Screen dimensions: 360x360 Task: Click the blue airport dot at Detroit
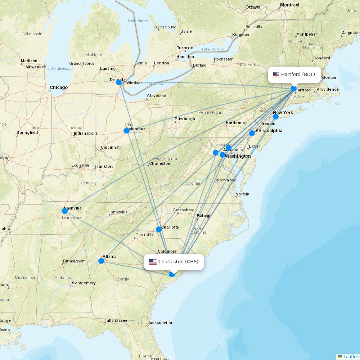(119, 82)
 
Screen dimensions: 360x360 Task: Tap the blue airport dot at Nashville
(65, 211)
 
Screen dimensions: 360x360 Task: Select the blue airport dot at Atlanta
(102, 261)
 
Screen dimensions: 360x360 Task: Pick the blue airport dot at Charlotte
(159, 229)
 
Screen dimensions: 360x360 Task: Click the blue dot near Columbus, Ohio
(127, 131)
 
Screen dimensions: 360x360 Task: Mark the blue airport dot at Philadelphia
(252, 133)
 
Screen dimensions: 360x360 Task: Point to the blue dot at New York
(276, 117)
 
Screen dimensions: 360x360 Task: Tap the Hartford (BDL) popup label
(294, 75)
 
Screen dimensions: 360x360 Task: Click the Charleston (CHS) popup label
(174, 262)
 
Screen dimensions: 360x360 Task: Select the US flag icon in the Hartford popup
(276, 75)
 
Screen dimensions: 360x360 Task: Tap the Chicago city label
(59, 87)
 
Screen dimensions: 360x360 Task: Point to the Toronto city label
(185, 48)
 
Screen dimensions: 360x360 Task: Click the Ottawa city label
(253, 7)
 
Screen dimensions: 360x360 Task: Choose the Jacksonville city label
(160, 323)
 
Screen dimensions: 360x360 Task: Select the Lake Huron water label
(138, 21)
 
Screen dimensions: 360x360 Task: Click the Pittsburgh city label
(185, 119)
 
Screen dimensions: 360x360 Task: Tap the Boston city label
(329, 77)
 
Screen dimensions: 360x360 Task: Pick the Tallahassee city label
(116, 320)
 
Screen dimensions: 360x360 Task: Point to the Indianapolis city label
(85, 133)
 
